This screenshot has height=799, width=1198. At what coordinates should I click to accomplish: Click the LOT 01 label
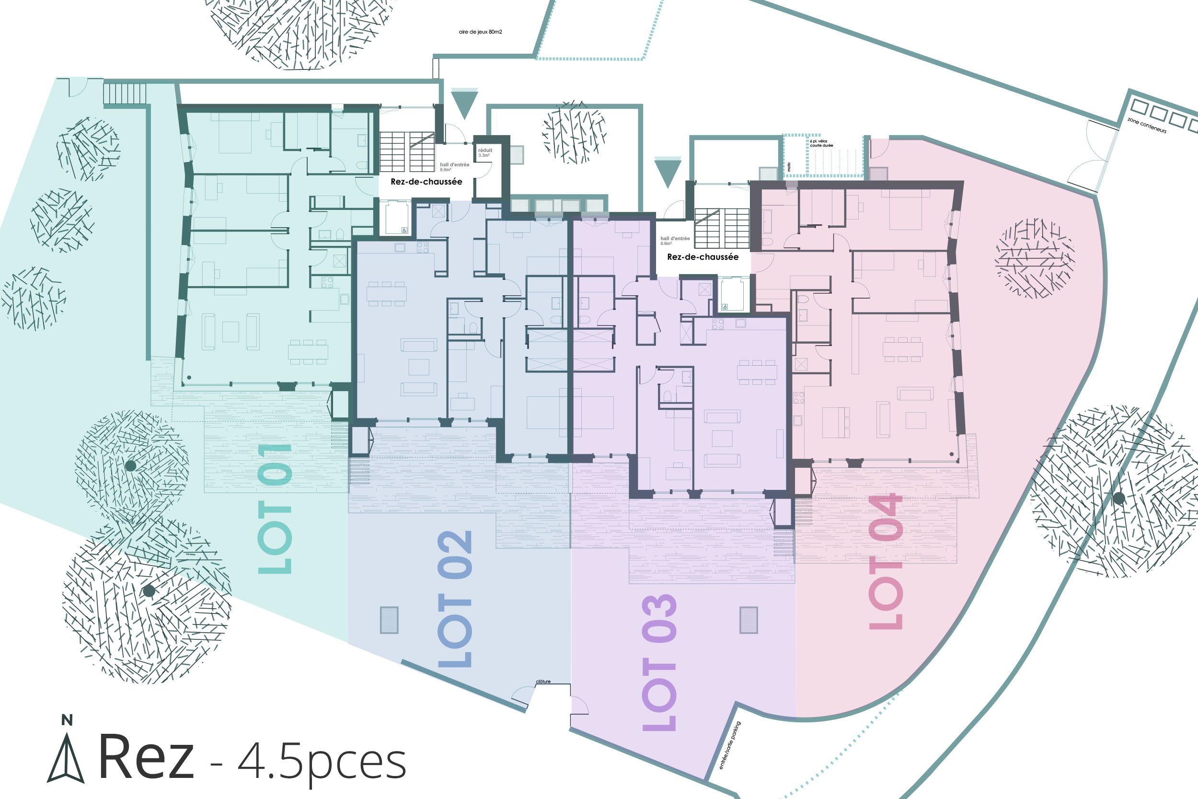coord(275,509)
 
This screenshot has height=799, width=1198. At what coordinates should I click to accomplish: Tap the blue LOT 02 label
coord(455,599)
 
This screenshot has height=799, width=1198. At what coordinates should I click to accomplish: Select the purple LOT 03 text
coord(659,662)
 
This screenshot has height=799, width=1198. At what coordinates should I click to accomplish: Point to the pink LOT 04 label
coord(886,561)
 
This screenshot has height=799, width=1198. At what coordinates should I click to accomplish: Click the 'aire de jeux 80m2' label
coord(480,32)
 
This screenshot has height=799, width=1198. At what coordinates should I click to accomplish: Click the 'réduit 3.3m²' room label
coord(485,152)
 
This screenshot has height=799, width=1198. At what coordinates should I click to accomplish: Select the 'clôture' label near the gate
coord(543,681)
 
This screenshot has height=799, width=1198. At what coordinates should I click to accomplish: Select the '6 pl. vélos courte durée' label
coord(821,143)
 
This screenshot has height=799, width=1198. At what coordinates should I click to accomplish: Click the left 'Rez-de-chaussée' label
coord(426,181)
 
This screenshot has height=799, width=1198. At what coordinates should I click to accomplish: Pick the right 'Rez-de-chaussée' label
coord(703,257)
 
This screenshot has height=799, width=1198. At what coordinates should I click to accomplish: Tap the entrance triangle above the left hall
coord(464,104)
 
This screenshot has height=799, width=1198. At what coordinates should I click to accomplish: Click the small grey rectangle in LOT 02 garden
coord(389,620)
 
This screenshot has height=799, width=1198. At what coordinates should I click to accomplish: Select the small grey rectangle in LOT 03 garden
coord(749,620)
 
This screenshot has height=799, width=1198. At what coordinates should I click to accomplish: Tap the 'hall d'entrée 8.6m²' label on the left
coord(454,167)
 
